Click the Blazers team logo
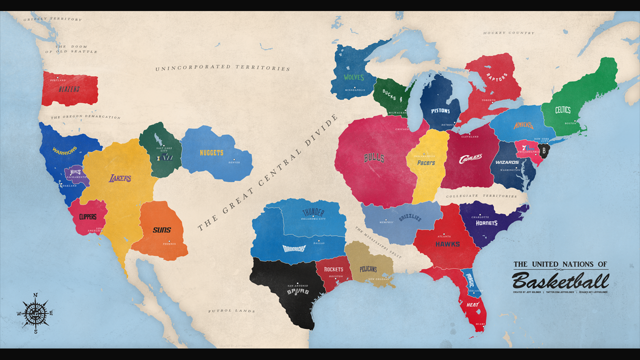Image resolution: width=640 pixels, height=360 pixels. (x=69, y=89)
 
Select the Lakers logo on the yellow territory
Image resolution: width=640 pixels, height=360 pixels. (x=120, y=178)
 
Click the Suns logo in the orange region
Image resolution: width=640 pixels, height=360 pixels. (x=162, y=230)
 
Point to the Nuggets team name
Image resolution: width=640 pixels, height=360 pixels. (x=211, y=153)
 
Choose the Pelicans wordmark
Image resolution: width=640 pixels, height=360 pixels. (x=368, y=269)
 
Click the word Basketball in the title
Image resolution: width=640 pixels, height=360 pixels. (x=560, y=280)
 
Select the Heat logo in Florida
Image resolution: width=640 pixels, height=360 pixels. (x=472, y=304)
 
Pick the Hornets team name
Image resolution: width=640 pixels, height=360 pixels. (x=486, y=223)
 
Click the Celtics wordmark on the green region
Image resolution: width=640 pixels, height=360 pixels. (x=562, y=110)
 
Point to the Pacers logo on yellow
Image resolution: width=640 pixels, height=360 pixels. (x=426, y=162)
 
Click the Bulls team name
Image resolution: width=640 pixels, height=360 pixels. (x=374, y=158)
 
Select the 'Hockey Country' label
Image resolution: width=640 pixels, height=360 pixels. (x=508, y=33)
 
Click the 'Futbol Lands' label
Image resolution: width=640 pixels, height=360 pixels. (x=231, y=311)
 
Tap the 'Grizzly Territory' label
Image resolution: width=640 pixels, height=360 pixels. (x=52, y=19)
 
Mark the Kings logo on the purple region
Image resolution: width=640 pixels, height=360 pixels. (x=75, y=172)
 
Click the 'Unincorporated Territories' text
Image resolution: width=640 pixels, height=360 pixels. (x=222, y=67)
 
